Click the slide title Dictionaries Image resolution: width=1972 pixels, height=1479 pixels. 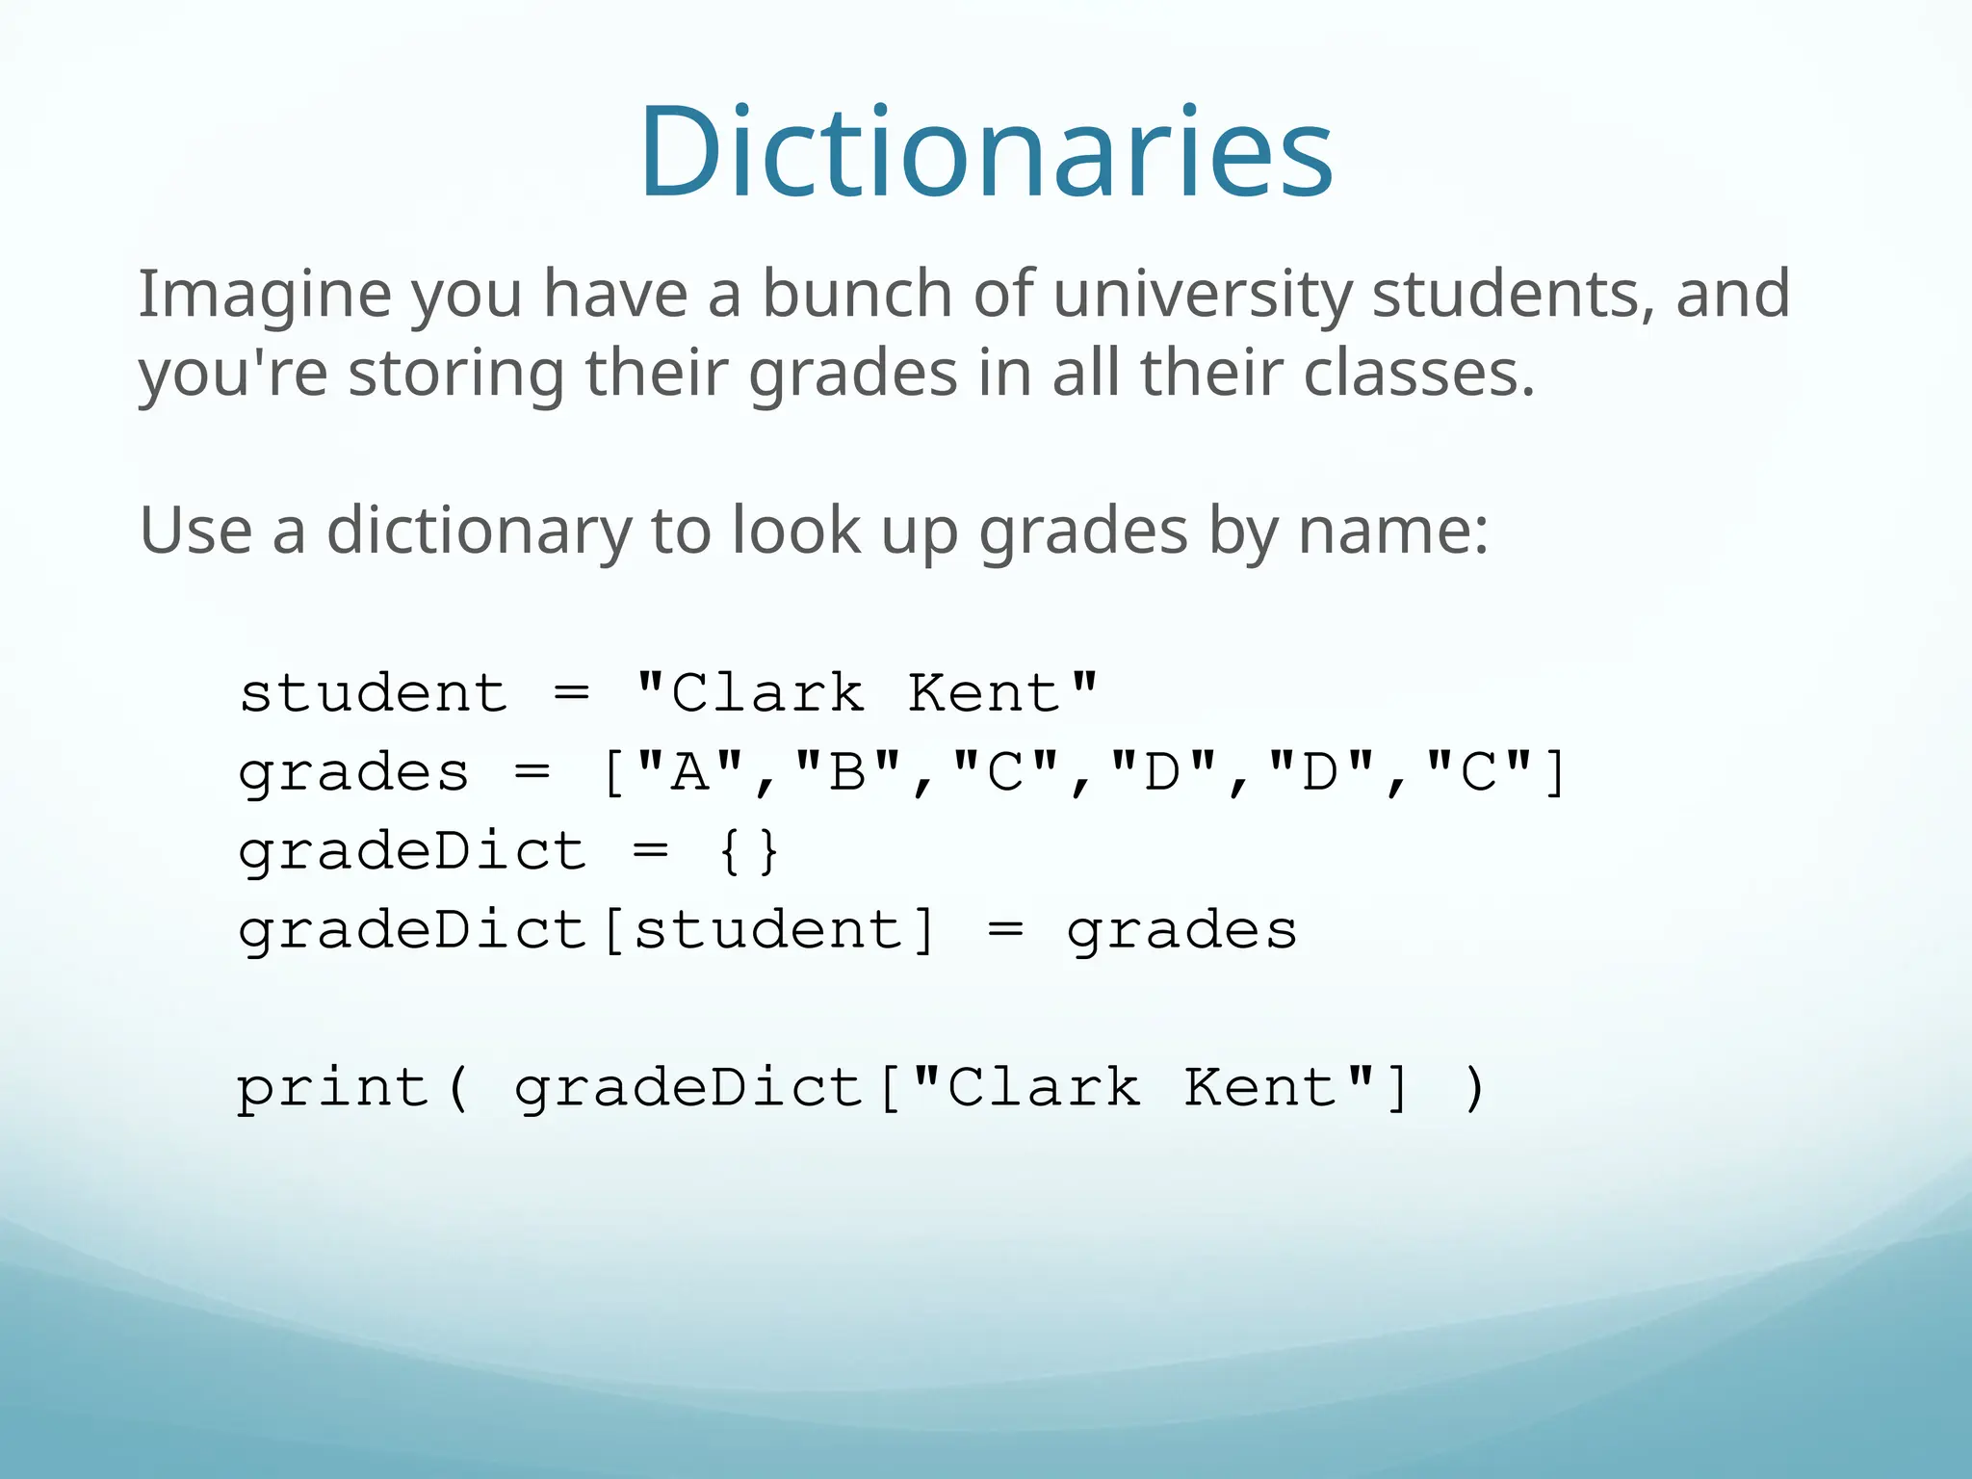(986, 152)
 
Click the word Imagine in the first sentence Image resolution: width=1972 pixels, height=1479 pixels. (265, 294)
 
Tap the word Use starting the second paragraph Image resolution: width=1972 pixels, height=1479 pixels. (196, 530)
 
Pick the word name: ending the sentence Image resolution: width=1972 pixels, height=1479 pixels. (1393, 531)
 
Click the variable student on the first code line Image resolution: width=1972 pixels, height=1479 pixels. (374, 693)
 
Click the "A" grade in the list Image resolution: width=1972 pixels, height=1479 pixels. (689, 772)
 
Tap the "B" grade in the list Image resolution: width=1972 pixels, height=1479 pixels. (848, 772)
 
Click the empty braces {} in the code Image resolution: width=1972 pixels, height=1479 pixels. (749, 851)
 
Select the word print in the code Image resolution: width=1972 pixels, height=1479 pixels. (333, 1088)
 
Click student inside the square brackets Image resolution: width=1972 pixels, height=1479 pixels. (768, 930)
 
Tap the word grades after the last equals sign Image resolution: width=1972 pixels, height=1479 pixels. (1182, 931)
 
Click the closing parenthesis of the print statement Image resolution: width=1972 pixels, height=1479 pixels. (1474, 1088)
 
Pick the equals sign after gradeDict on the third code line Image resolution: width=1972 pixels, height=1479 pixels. (651, 851)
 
